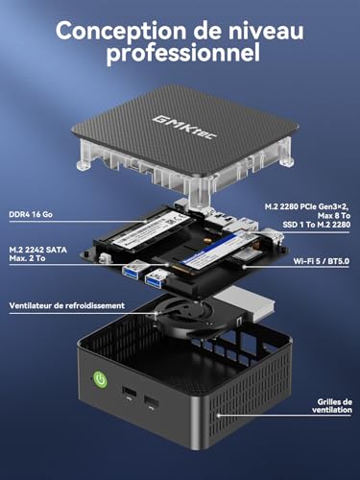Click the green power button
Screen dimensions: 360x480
point(100,380)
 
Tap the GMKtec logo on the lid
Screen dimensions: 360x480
point(184,128)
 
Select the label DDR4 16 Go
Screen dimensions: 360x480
point(31,214)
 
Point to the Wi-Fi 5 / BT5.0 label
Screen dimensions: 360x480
point(321,261)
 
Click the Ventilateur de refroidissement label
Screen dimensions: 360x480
point(67,305)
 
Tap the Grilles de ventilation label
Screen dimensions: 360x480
point(332,406)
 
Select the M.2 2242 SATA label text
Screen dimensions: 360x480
point(38,250)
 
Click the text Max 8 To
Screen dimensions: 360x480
point(334,216)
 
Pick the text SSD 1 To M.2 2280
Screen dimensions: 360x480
point(316,225)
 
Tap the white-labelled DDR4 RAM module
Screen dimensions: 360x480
point(151,229)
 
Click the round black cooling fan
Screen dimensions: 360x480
point(180,315)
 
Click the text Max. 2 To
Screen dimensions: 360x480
point(27,258)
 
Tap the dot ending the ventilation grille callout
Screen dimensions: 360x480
point(219,416)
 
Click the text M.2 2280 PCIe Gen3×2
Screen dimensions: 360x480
point(307,206)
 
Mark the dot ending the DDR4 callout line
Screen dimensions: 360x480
point(146,221)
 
